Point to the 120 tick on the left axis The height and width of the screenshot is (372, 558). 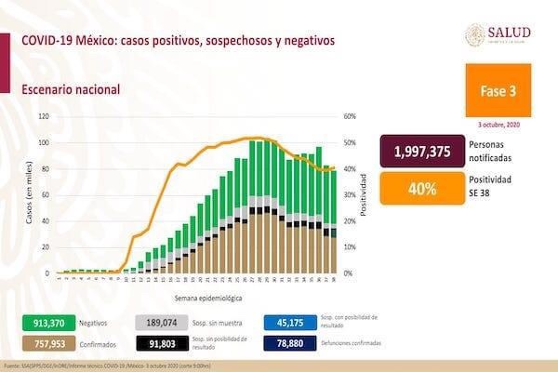click(41, 116)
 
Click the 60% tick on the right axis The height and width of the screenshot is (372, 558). click(351, 116)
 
